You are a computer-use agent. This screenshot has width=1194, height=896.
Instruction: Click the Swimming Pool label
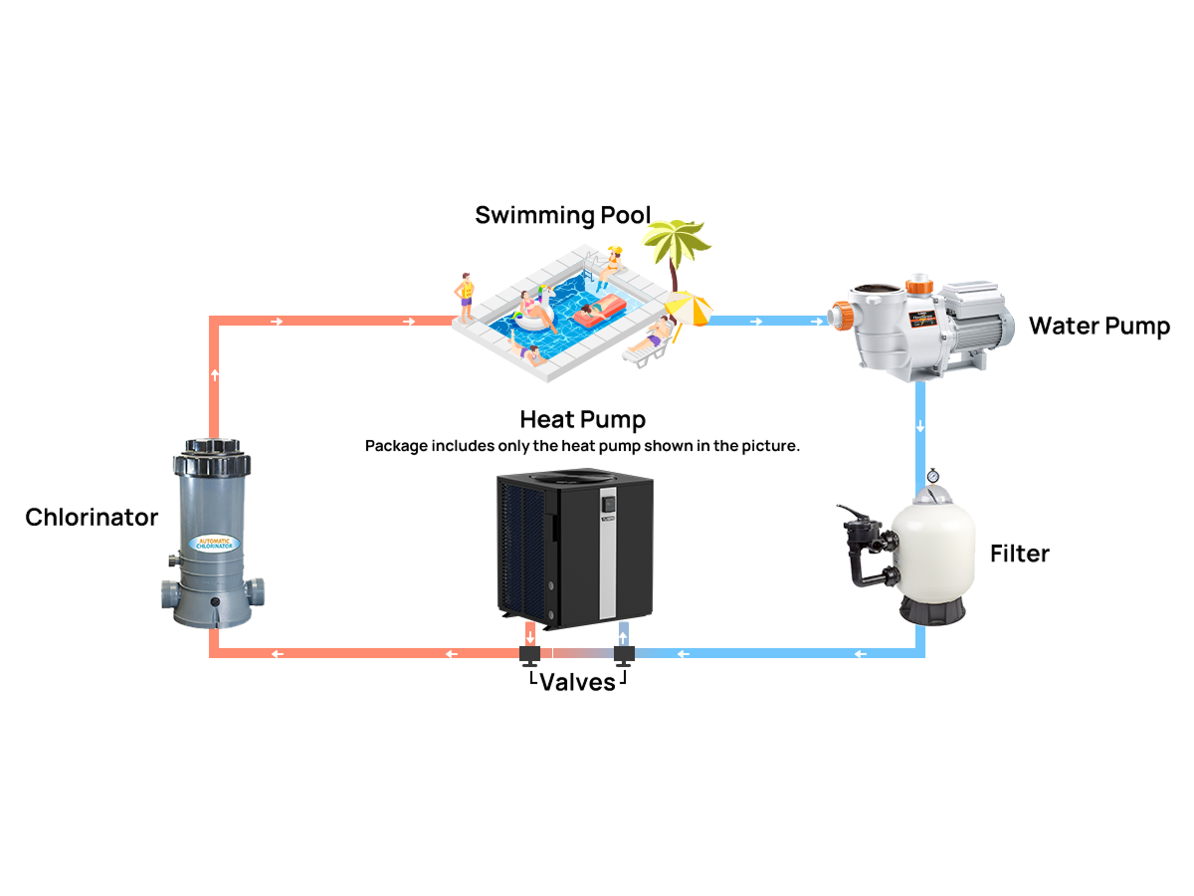click(x=562, y=215)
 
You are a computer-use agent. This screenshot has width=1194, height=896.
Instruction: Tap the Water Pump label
click(x=1098, y=326)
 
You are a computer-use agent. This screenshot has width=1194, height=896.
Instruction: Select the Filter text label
click(x=1019, y=554)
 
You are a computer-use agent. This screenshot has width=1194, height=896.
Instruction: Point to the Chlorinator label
click(x=92, y=518)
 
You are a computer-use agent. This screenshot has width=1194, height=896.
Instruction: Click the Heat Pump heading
click(x=582, y=418)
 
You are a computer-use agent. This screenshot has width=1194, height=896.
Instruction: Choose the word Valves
click(x=577, y=683)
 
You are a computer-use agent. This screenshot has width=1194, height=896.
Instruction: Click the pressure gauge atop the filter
click(x=932, y=476)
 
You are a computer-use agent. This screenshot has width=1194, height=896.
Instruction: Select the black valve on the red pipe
click(x=529, y=654)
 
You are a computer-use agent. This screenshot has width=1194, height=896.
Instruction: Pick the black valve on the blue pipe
click(x=624, y=654)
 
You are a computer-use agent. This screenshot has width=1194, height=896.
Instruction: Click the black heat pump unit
click(x=562, y=548)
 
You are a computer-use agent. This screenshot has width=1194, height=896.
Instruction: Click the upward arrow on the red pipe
click(x=215, y=375)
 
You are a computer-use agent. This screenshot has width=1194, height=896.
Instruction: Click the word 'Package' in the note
click(x=395, y=446)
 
